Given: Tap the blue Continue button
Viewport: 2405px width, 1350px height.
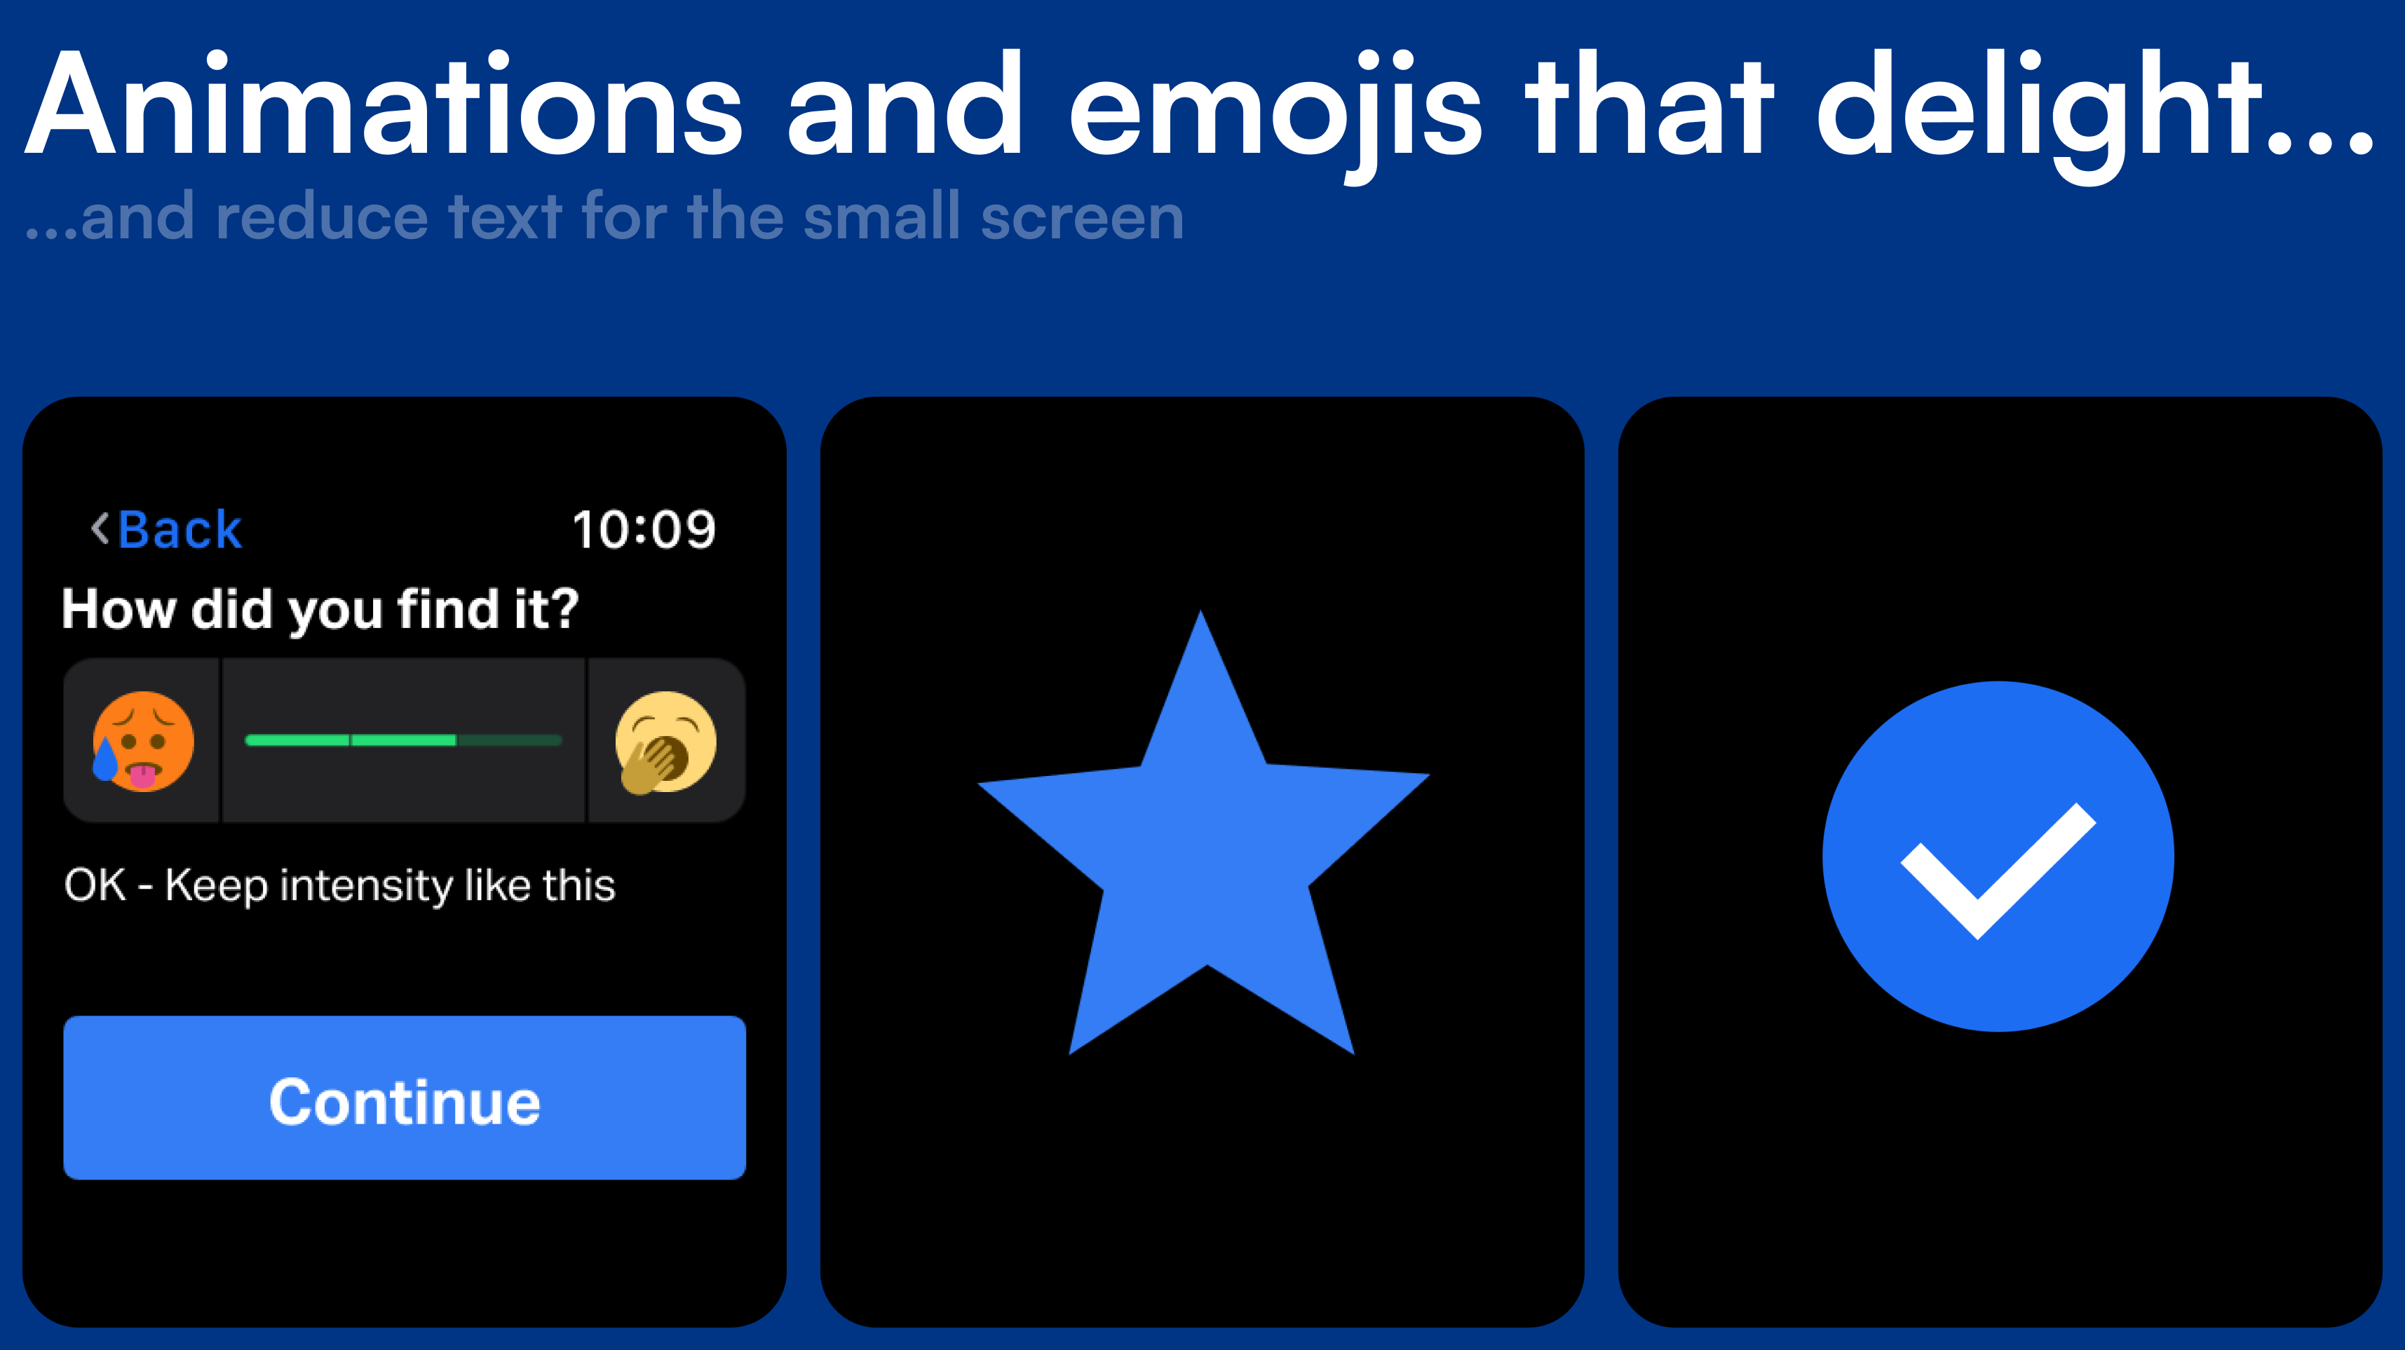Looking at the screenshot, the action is click(405, 1098).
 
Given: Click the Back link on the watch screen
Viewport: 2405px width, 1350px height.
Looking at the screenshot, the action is click(179, 531).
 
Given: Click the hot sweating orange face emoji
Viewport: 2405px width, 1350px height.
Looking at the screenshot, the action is click(143, 742).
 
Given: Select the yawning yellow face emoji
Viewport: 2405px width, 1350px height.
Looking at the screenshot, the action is click(665, 742).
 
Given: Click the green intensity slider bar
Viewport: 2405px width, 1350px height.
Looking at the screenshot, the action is click(403, 740).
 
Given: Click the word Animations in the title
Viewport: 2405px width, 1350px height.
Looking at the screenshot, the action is click(384, 106).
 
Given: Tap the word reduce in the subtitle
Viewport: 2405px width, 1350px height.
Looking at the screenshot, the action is click(322, 217).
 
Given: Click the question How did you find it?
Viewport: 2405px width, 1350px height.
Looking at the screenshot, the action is click(320, 611).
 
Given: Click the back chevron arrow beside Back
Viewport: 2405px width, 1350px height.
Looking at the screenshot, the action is click(100, 529).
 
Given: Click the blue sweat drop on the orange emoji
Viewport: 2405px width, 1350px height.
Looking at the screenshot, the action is click(105, 759).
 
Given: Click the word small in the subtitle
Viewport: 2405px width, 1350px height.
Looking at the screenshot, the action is click(881, 216).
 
